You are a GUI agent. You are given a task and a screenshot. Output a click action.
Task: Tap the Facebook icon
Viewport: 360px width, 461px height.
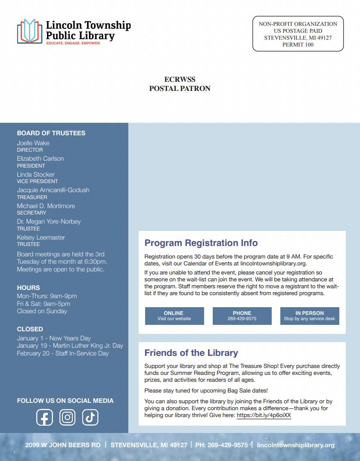(44, 417)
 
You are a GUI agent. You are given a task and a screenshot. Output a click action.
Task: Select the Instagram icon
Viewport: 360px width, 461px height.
(67, 417)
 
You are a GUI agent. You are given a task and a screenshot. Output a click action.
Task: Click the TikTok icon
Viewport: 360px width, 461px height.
(90, 417)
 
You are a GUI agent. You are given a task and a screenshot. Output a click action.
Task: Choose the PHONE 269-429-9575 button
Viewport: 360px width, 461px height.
(242, 316)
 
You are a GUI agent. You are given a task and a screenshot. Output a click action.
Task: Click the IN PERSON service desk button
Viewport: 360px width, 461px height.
(310, 316)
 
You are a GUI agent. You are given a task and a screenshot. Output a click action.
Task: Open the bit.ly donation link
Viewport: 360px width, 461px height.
(264, 415)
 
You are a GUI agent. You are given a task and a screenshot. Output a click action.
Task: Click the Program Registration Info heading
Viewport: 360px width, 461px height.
(201, 243)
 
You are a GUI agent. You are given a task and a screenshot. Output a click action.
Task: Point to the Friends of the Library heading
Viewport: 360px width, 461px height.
(191, 353)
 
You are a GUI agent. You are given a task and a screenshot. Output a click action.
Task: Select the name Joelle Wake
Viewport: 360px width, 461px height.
(33, 143)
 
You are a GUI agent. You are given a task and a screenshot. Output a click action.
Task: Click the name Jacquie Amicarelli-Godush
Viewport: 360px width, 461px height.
(53, 190)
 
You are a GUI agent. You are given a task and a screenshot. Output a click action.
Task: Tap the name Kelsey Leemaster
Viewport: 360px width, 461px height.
(41, 237)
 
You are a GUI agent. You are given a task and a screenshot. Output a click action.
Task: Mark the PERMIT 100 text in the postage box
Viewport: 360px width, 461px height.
(298, 45)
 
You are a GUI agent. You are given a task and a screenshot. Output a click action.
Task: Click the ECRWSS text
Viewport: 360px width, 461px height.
(180, 80)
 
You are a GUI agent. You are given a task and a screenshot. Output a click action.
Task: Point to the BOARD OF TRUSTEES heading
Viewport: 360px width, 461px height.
(51, 133)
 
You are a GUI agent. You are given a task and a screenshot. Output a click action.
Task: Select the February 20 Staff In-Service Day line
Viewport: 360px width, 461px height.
(63, 353)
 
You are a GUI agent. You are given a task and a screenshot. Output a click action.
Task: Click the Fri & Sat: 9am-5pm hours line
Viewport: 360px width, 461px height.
(43, 304)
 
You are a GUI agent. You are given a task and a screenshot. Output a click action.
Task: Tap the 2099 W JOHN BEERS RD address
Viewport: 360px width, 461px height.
(62, 445)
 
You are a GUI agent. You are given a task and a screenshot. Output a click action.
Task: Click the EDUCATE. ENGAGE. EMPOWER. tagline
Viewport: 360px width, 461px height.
(73, 44)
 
